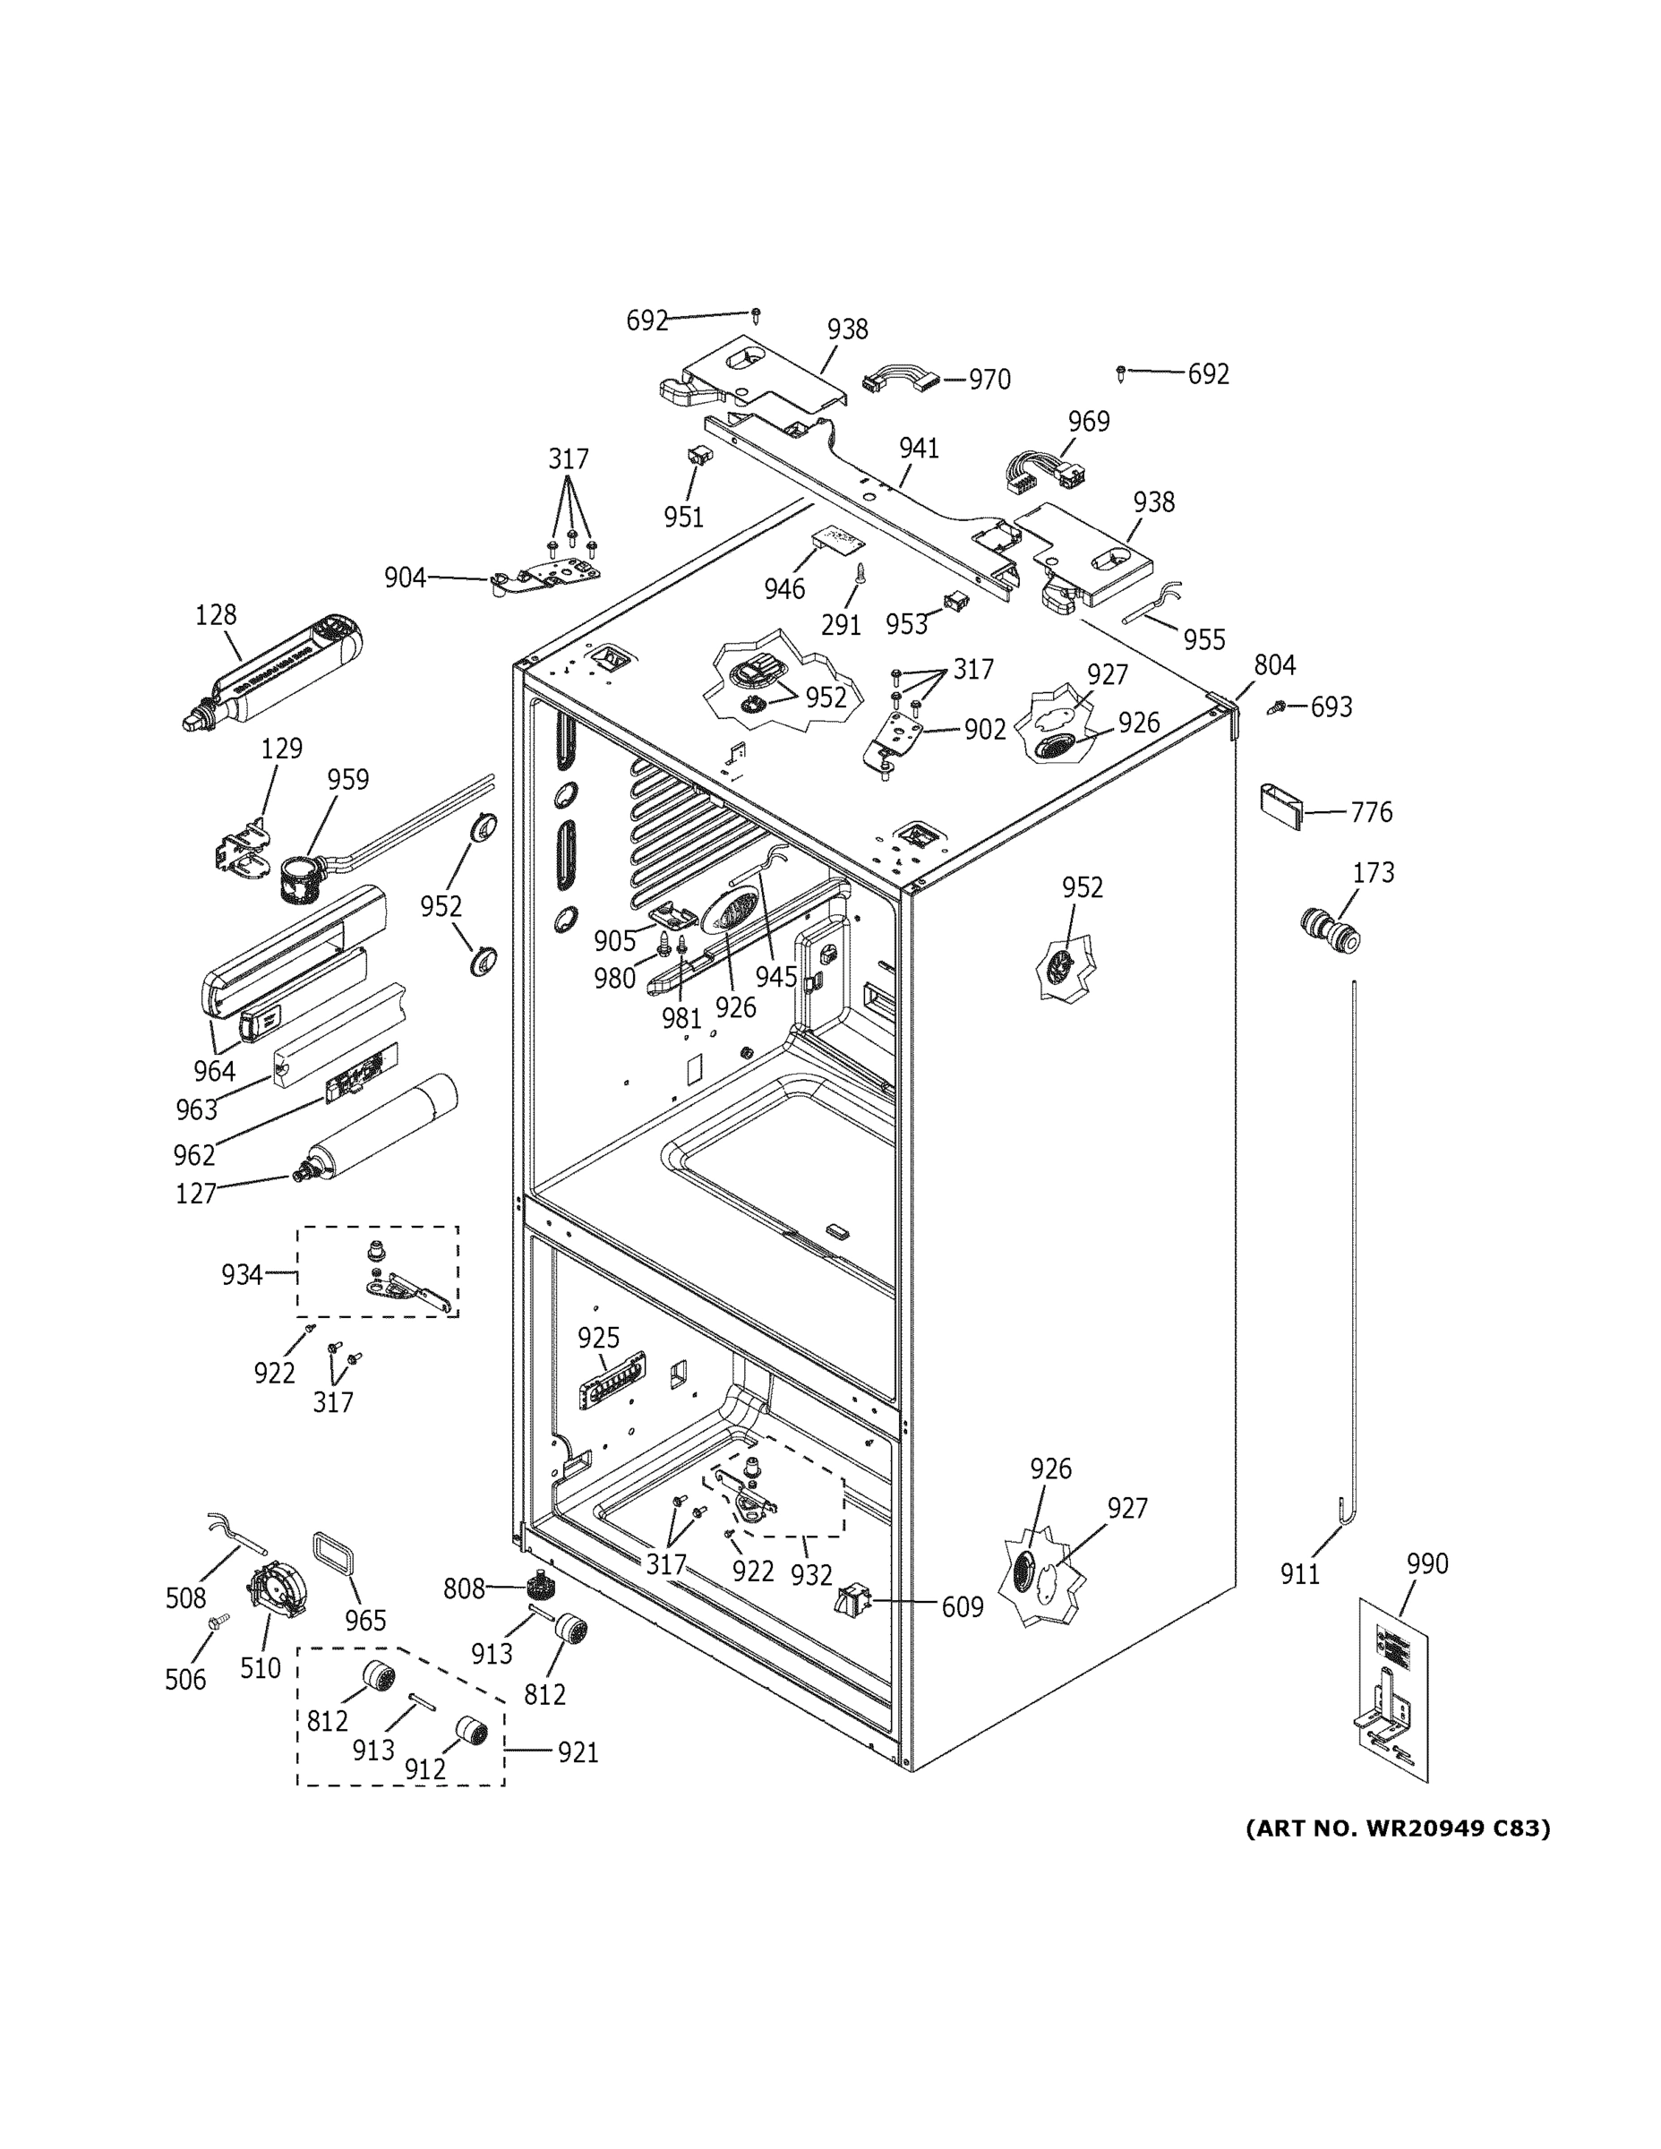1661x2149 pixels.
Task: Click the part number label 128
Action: (x=216, y=615)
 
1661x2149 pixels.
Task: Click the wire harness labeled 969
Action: (x=1038, y=472)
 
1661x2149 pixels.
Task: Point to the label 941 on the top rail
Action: (x=918, y=449)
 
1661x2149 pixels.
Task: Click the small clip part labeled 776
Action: (x=1281, y=806)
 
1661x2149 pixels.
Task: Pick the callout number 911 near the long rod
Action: (x=1299, y=1575)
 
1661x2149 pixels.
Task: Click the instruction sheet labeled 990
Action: (x=1392, y=1689)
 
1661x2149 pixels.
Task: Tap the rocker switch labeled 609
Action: (x=849, y=1603)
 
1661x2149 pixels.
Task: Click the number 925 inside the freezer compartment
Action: (x=598, y=1339)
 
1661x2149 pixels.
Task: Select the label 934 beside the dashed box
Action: (x=242, y=1275)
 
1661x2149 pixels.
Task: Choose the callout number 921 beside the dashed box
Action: (x=578, y=1752)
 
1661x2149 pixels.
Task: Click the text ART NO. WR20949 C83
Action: (x=1396, y=1828)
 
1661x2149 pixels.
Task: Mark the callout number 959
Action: (x=347, y=780)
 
